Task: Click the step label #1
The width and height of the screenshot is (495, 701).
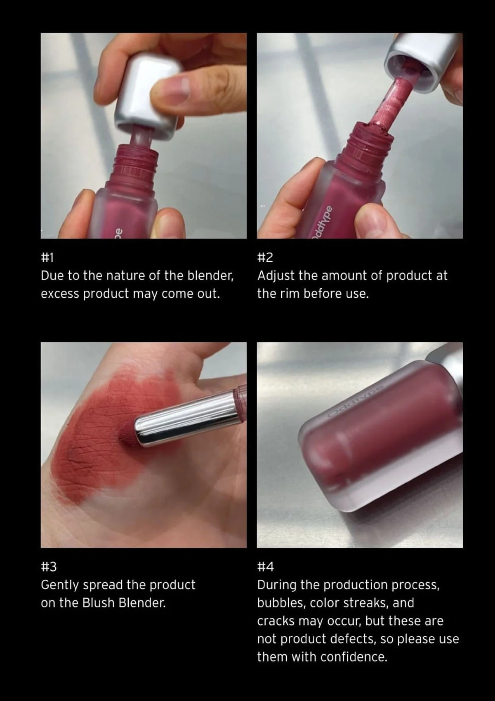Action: click(47, 258)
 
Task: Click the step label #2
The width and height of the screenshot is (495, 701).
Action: click(265, 258)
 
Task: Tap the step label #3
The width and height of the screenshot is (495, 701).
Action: click(49, 567)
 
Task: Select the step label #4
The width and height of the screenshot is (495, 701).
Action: click(265, 567)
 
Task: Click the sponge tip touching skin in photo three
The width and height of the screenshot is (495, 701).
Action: click(126, 433)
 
